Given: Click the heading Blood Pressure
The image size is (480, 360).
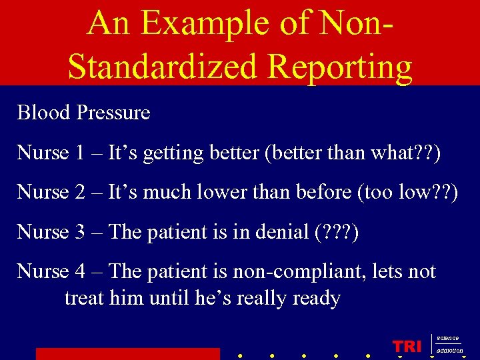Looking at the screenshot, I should (x=83, y=113).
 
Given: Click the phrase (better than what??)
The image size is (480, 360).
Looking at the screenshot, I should (x=353, y=153).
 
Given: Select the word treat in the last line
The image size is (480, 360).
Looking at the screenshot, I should (x=84, y=298).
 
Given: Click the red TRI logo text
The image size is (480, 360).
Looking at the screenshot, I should (x=407, y=346).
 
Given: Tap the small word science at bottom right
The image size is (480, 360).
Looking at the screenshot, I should (x=447, y=339).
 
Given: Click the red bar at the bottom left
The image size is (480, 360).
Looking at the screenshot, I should (x=127, y=354).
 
